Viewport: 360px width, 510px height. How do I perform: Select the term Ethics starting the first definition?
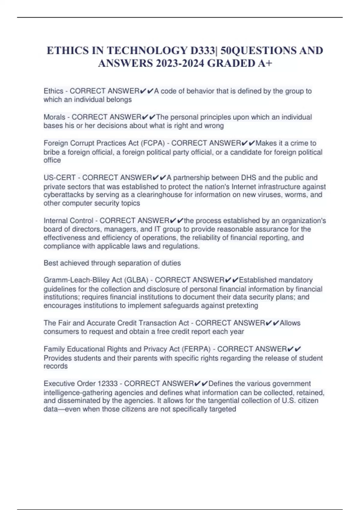coord(53,91)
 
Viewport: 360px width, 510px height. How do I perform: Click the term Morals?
coord(54,117)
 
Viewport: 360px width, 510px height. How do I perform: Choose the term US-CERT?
coord(59,178)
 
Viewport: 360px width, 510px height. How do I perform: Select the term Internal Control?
coord(68,221)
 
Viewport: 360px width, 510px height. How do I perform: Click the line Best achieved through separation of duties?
coord(112,263)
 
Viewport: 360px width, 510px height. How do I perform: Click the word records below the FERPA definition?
coord(55,366)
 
